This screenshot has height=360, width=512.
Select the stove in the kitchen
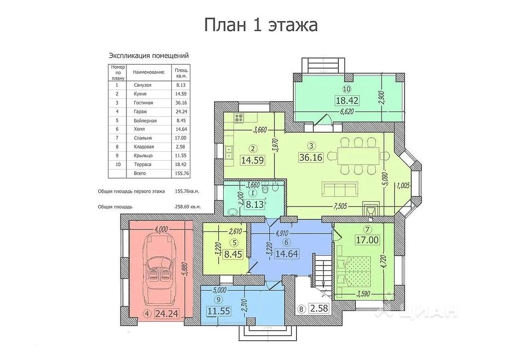[239, 117]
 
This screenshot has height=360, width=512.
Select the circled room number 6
[286, 242]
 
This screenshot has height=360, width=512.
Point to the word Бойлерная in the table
[145, 121]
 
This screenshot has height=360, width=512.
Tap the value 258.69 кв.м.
[188, 207]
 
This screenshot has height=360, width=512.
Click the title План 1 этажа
[261, 25]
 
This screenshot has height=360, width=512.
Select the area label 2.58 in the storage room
[319, 308]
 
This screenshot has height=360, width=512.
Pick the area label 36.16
[311, 157]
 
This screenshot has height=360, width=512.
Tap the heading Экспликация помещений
[149, 55]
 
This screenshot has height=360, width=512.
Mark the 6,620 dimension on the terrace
[347, 112]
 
